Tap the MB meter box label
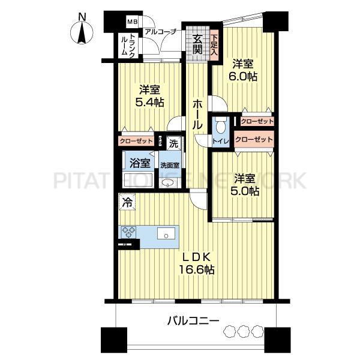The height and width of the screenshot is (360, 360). tap(133, 22)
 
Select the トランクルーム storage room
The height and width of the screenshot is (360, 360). tap(128, 46)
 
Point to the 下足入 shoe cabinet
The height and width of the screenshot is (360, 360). tap(214, 45)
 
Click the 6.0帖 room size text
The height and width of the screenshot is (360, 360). tap(242, 76)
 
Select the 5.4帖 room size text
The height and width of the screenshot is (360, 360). tap(149, 102)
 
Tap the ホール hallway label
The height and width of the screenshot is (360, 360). tap(197, 115)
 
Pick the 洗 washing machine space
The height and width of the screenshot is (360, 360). tap(174, 144)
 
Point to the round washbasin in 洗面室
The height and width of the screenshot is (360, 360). tap(167, 183)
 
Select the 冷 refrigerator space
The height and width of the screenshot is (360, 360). tap(127, 202)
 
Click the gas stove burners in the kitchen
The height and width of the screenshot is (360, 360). tap(128, 232)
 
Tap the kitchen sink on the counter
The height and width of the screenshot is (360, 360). tap(166, 234)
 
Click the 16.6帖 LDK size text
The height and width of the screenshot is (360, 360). tap(197, 269)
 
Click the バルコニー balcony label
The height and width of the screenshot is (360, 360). tap(193, 321)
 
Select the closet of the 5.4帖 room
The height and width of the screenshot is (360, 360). tap(136, 141)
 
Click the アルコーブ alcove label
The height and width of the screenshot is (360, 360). tap(160, 32)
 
